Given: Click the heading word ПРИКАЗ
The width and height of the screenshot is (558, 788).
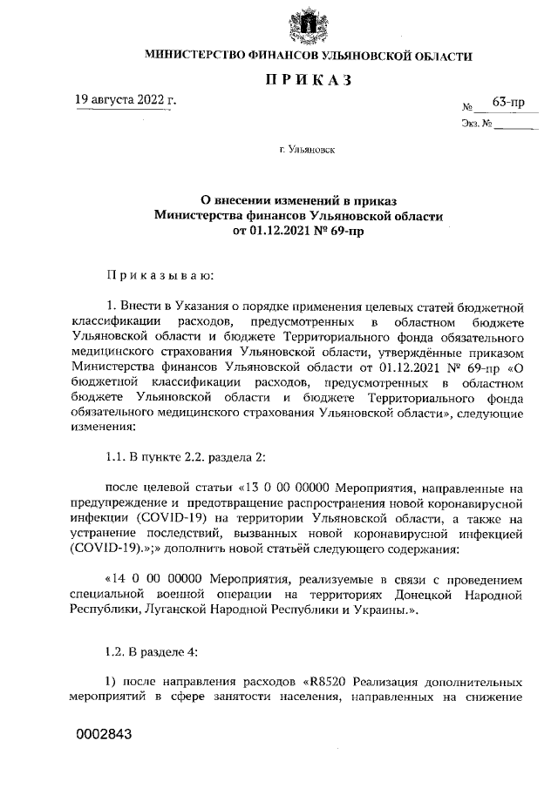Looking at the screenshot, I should [308, 81].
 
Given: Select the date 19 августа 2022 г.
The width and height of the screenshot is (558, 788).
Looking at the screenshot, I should [126, 100].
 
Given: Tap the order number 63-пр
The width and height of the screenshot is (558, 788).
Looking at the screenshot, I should [507, 103].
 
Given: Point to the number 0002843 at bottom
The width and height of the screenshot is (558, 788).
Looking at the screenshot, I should [104, 734].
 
